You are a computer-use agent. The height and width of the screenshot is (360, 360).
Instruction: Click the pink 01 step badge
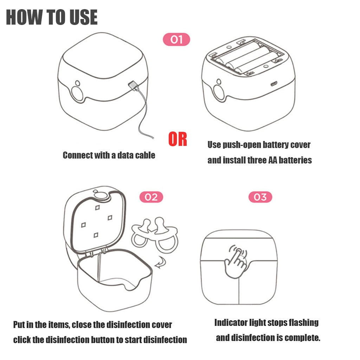tap(176, 39)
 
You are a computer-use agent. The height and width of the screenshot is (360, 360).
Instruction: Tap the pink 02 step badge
tap(151, 197)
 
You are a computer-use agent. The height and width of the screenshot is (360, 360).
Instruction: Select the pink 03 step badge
tap(260, 197)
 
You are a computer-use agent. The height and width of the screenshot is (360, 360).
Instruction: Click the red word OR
tap(178, 139)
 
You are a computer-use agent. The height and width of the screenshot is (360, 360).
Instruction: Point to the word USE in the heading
tap(84, 17)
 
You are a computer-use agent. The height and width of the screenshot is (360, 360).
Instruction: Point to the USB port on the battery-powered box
tap(274, 84)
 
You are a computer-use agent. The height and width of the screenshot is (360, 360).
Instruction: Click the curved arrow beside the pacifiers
tap(160, 262)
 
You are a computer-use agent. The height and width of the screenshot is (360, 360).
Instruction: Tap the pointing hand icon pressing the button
tap(236, 262)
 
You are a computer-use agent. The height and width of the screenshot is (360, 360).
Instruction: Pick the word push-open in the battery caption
tap(241, 145)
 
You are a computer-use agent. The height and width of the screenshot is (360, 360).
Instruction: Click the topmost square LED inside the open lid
tap(98, 207)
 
